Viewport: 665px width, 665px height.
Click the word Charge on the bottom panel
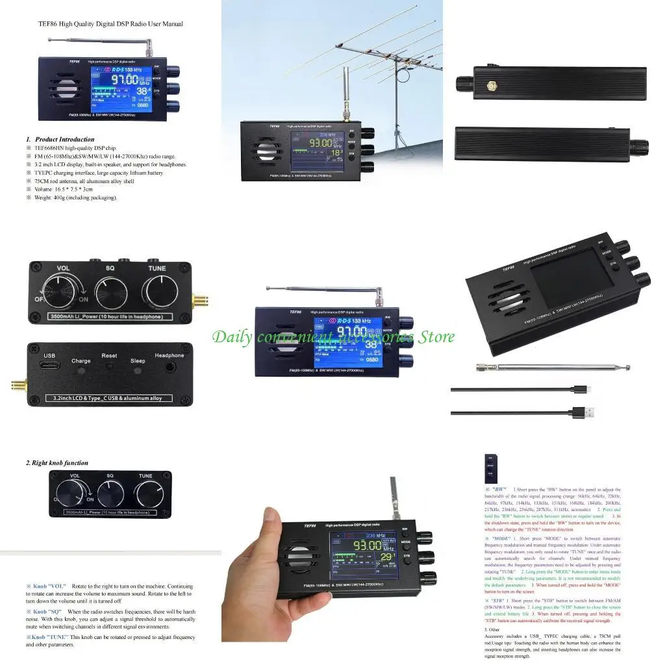coord(81,361)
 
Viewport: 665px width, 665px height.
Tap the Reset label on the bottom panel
coord(109,356)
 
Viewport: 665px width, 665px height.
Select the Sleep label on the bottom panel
coord(138,361)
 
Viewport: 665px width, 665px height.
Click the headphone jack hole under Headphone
coord(169,368)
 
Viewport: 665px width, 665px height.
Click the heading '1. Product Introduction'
coord(60,139)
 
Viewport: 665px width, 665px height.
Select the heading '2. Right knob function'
coord(57,463)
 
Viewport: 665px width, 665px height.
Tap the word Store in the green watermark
coord(434,336)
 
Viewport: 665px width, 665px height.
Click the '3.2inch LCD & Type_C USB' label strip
coord(109,398)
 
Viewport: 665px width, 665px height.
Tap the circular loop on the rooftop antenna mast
coord(403,75)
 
